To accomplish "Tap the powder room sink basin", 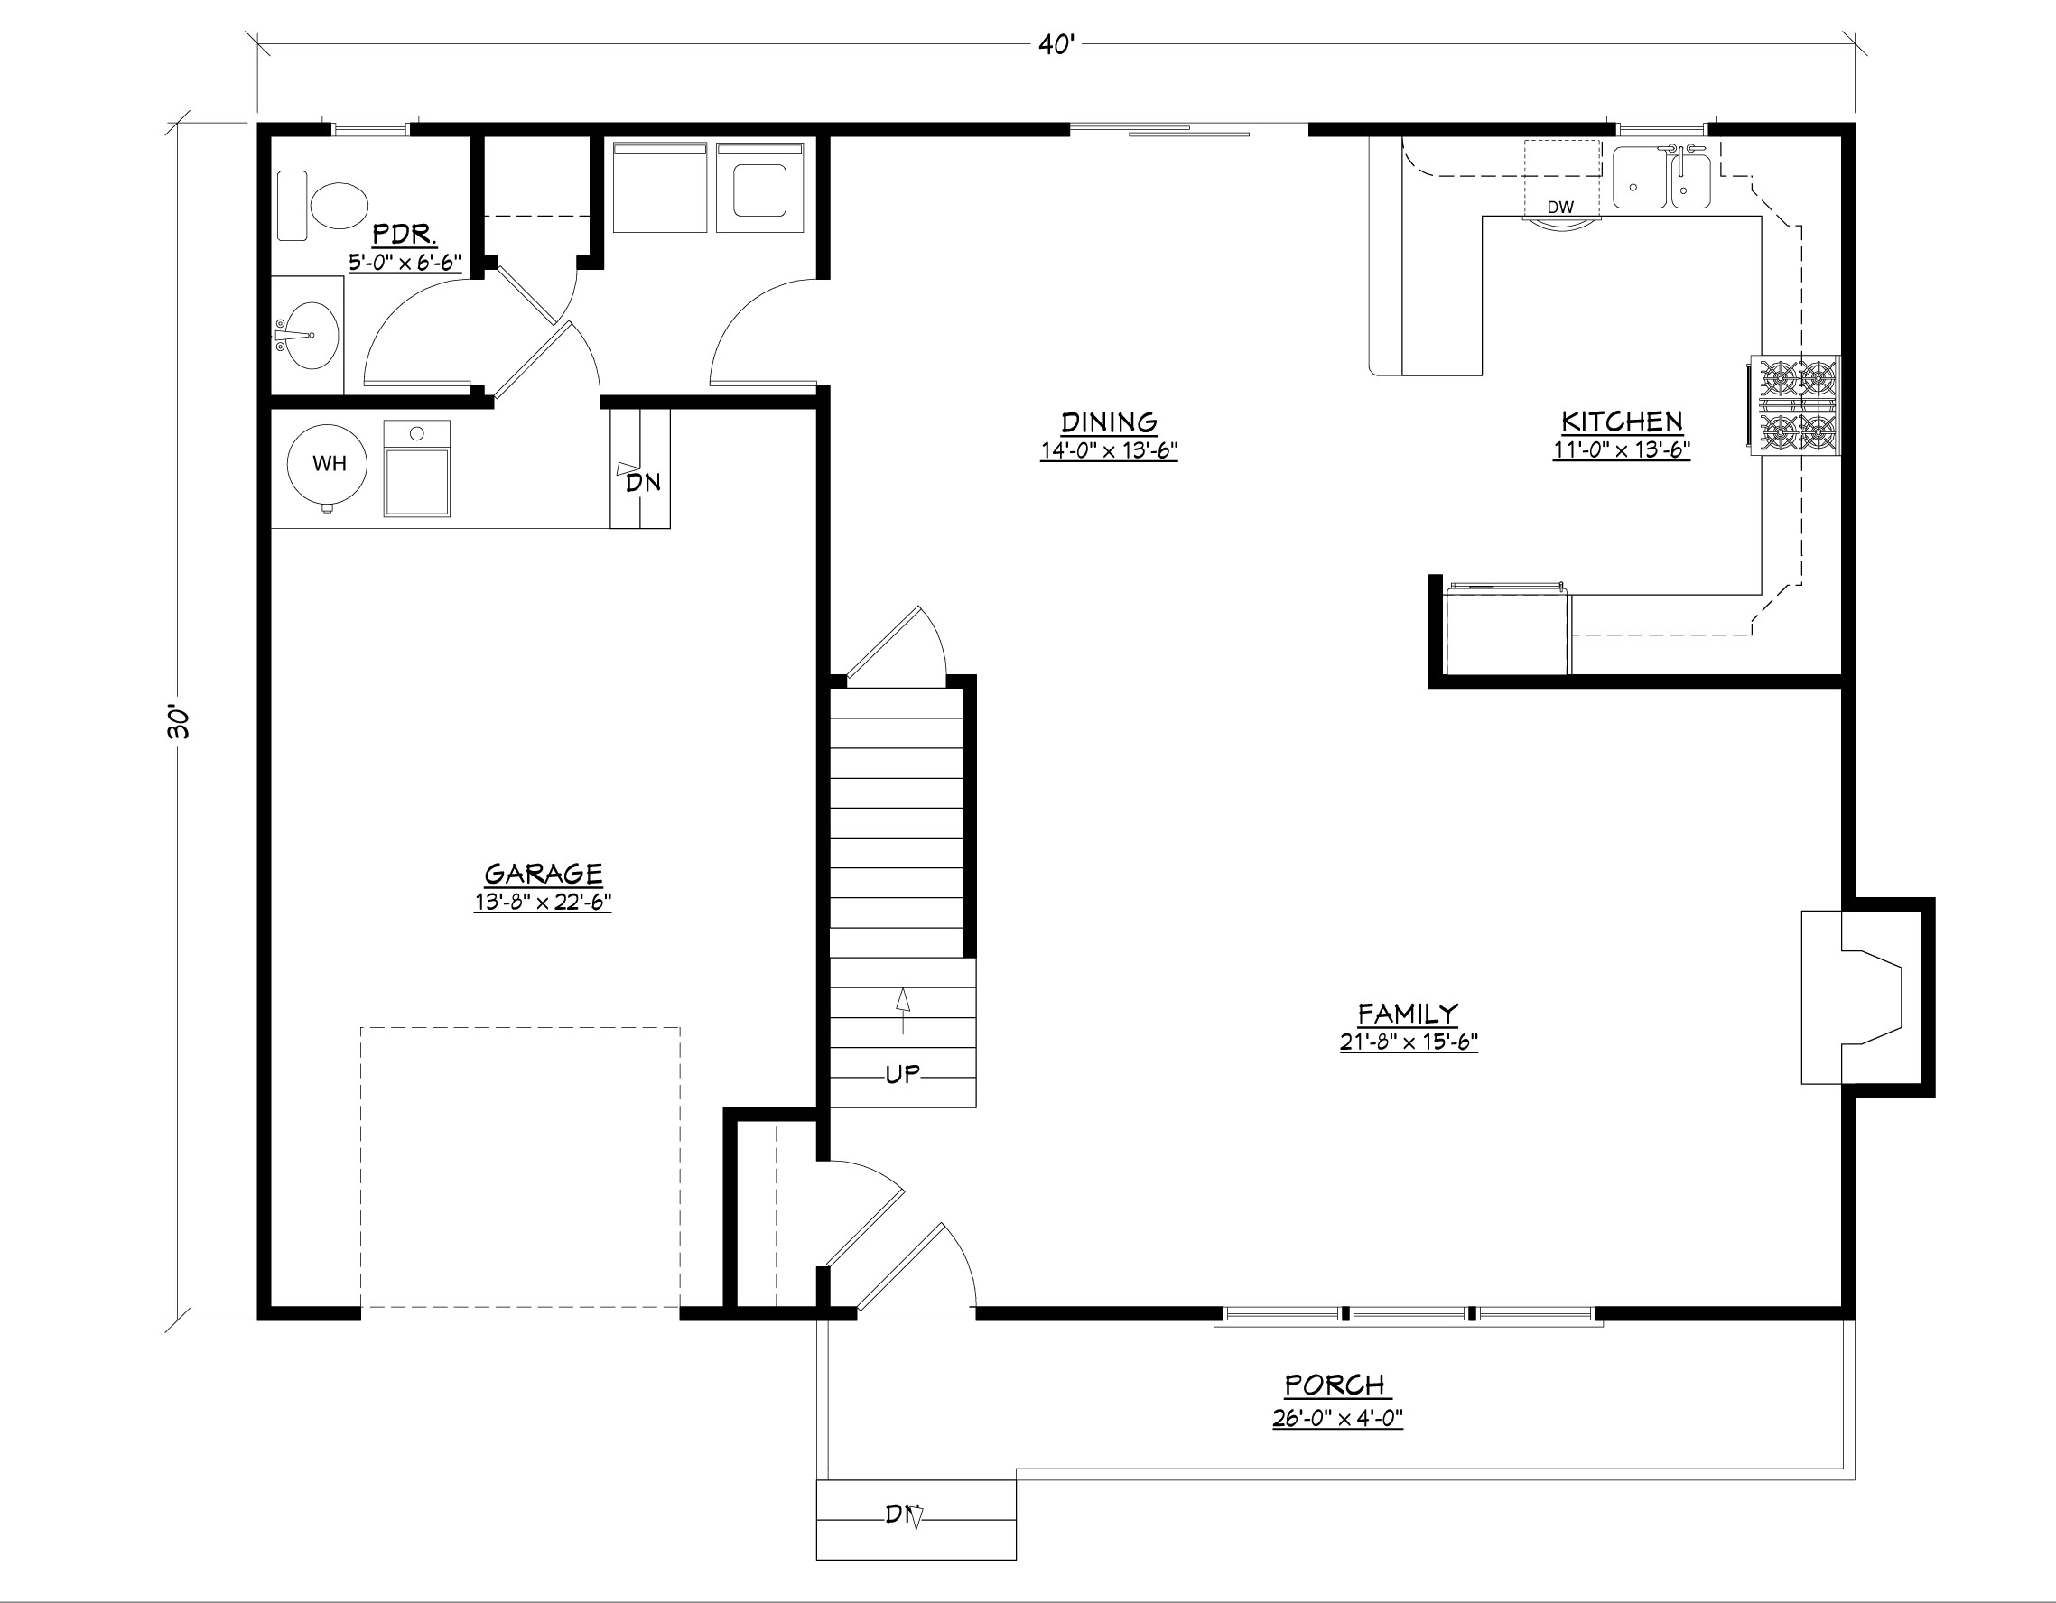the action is point(307,336).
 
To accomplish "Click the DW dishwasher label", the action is point(1560,207).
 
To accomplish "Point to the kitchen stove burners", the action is point(1794,405).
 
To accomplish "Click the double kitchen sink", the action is point(1661,177).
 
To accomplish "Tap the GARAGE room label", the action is point(544,874).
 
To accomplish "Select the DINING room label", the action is point(1109,422).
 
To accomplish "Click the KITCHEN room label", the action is point(1622,421).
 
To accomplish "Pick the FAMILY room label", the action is point(1409,1014).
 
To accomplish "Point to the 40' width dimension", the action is point(1056,44).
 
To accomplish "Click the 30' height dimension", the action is point(178,721).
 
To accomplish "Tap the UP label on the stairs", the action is point(902,1074).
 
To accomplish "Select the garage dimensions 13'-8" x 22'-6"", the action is point(544,902).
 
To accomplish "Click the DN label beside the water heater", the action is point(643,483).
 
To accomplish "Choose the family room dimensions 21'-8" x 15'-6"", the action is point(1409,1042).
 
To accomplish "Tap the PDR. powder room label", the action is point(404,234).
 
